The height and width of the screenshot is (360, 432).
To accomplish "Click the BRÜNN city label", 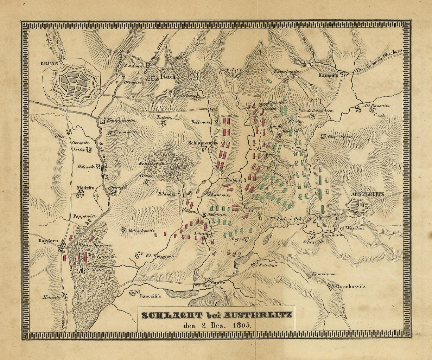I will pyautogui.click(x=49, y=64).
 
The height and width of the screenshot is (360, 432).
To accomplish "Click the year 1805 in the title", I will pyautogui.click(x=241, y=324).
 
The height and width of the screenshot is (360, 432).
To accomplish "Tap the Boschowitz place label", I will pyautogui.click(x=350, y=287).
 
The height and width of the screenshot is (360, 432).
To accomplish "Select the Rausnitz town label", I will pyautogui.click(x=328, y=75).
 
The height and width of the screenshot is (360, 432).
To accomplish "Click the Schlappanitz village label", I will pyautogui.click(x=203, y=143).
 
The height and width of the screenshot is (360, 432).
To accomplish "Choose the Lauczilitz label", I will pyautogui.click(x=150, y=296).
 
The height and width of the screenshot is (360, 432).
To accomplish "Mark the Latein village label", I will pyautogui.click(x=164, y=118).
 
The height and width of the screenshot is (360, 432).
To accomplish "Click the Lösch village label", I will pyautogui.click(x=168, y=77).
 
